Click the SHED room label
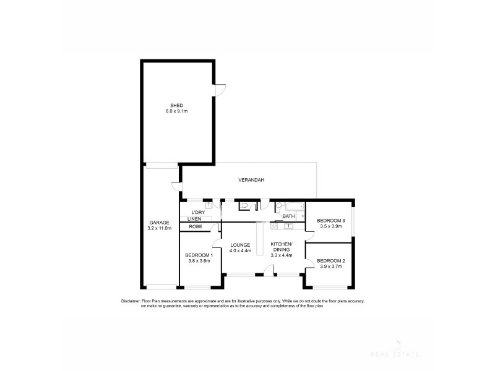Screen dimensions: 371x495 176,105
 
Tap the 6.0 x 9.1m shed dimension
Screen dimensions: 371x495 176,111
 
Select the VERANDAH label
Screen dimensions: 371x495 252,180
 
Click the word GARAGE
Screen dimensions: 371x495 159,222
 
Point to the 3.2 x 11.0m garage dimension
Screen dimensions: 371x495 159,228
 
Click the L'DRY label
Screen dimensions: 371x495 198,213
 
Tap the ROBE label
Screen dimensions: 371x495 196,227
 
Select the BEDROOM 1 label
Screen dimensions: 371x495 199,255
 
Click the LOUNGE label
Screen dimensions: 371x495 240,244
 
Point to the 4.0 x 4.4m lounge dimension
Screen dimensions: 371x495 240,250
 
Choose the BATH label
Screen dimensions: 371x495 288,216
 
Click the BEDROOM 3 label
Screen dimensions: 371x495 330,221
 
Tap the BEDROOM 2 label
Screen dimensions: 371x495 330,261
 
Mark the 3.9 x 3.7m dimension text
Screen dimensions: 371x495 330,267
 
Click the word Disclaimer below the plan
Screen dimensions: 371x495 132,301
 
